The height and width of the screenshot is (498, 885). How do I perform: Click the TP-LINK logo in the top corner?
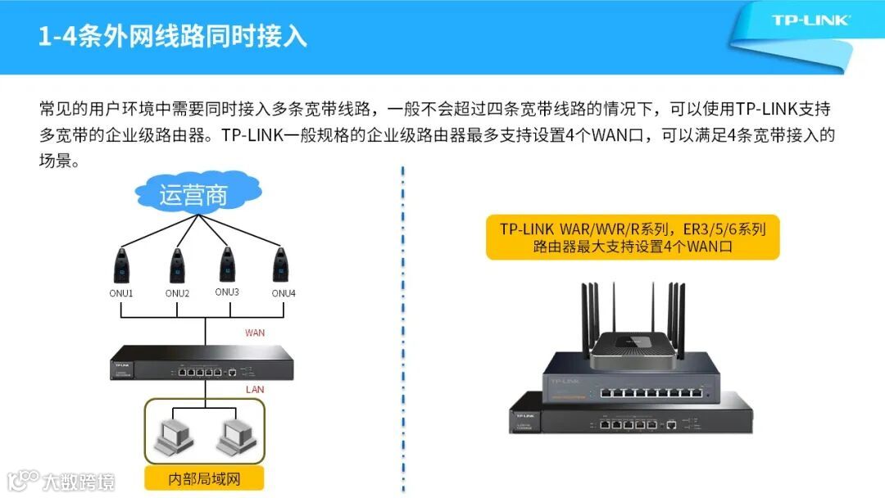(x=810, y=20)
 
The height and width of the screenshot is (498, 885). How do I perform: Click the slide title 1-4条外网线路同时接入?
(x=173, y=36)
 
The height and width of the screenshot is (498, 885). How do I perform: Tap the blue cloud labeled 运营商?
(x=197, y=192)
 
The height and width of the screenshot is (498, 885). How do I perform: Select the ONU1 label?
(x=120, y=293)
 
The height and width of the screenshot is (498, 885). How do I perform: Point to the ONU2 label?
(x=177, y=293)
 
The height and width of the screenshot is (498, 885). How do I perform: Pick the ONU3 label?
(x=227, y=292)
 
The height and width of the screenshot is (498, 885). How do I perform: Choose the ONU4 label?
(x=284, y=293)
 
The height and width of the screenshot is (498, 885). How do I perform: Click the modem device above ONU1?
(x=121, y=265)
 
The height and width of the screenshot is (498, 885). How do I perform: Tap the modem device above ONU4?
(x=280, y=265)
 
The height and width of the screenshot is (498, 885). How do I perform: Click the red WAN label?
(x=255, y=333)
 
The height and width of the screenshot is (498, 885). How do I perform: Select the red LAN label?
(x=255, y=390)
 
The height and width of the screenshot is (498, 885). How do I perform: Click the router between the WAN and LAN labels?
(x=202, y=363)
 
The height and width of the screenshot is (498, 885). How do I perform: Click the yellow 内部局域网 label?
(x=204, y=479)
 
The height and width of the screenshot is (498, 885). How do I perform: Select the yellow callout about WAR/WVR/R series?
(x=633, y=238)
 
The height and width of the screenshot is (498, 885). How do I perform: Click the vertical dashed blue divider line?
(x=403, y=329)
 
